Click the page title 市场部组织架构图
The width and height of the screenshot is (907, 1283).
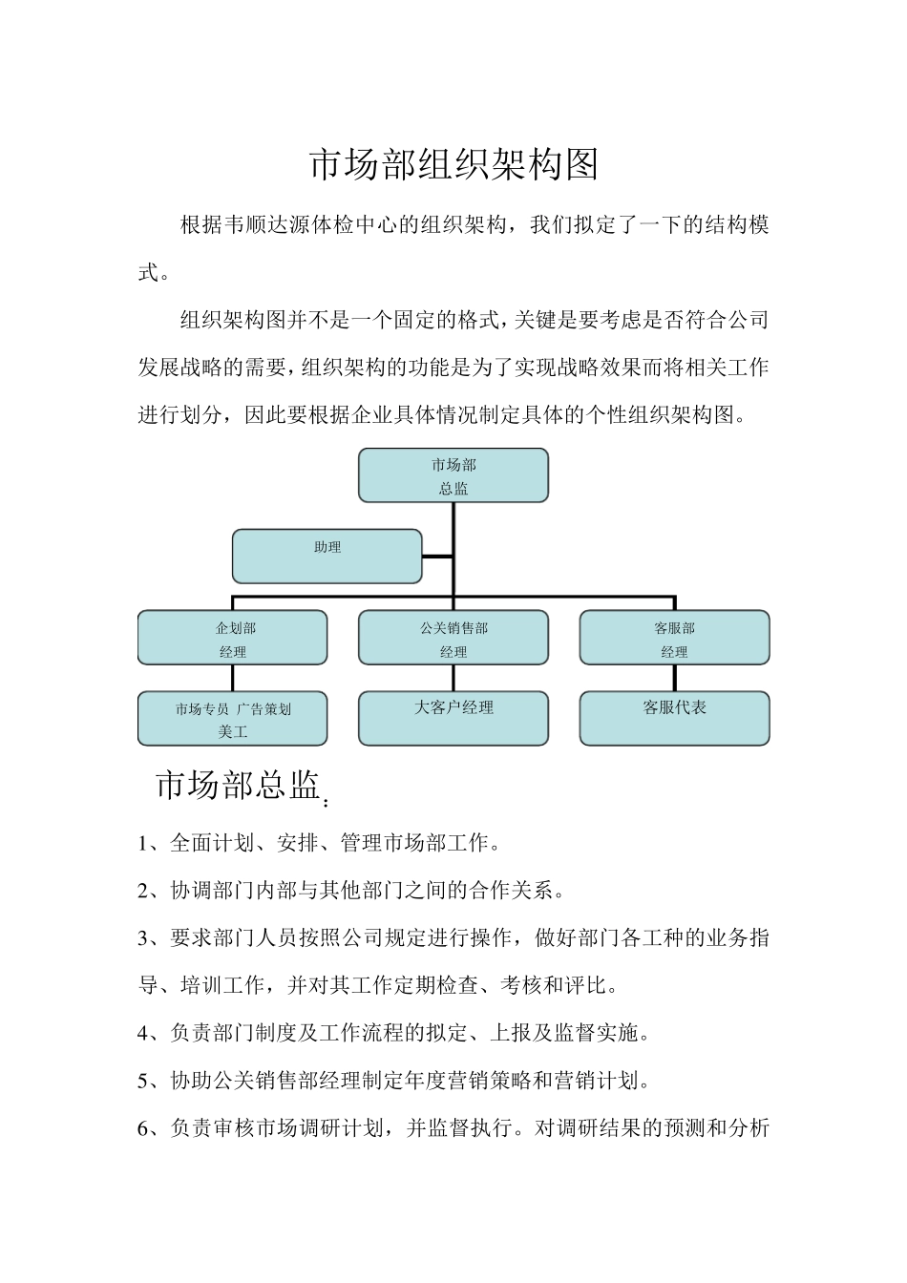453,165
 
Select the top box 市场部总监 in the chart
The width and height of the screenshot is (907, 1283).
453,475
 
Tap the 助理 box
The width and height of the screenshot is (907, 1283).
327,556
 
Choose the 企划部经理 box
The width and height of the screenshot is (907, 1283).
232,638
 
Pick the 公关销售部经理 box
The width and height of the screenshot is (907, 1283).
453,638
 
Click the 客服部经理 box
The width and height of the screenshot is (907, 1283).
674,638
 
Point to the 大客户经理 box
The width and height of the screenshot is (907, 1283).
453,718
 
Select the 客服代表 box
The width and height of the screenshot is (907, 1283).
674,718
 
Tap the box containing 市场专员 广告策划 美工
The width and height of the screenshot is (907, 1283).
232,719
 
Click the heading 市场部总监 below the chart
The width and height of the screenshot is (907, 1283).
237,786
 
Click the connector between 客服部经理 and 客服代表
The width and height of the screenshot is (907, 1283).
674,678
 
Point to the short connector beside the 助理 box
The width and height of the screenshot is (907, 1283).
437,556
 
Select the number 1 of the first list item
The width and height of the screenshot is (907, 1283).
144,844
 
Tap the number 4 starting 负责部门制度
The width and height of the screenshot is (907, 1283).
144,1033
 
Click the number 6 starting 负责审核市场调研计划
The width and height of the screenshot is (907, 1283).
144,1128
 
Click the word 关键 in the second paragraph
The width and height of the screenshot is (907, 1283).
536,321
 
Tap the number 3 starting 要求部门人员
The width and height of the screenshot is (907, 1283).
144,938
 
